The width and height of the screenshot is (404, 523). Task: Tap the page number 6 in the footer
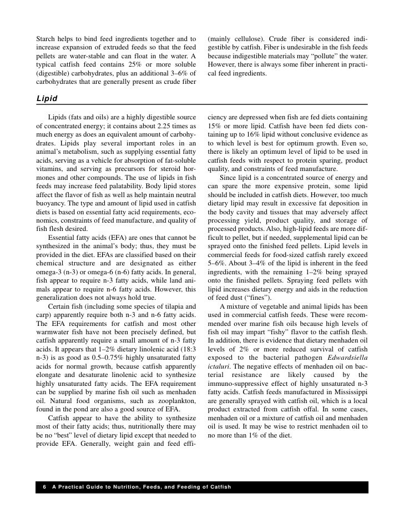click(x=44, y=487)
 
